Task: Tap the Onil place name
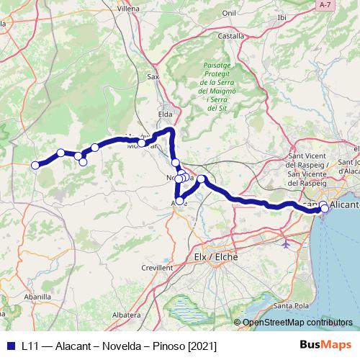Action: (229, 12)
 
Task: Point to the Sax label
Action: (153, 76)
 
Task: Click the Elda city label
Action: (166, 113)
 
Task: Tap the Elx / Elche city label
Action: (216, 257)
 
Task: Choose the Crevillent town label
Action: (158, 267)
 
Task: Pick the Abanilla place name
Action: (38, 297)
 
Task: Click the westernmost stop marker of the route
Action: (35, 165)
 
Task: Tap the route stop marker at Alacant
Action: (325, 209)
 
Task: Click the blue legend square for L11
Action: (9, 346)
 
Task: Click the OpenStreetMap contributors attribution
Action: (297, 323)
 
